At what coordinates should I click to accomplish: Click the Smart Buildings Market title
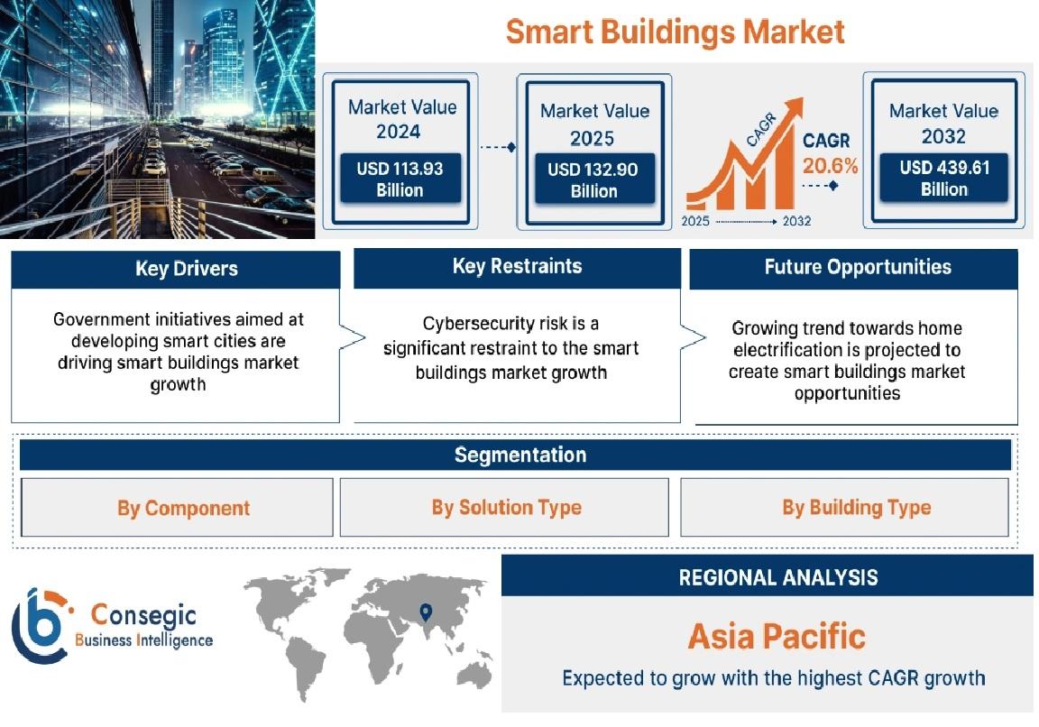(x=675, y=32)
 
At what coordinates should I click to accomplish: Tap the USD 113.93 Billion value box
(x=400, y=179)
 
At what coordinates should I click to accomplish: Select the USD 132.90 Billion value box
(x=593, y=179)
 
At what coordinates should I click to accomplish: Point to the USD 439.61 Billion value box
(x=944, y=178)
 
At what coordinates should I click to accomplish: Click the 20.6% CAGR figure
(x=831, y=166)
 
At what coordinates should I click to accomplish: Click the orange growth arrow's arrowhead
(x=792, y=109)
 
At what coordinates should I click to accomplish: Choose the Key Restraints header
(x=517, y=267)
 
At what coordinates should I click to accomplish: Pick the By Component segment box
(x=177, y=508)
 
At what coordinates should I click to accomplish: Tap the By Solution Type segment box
(x=504, y=508)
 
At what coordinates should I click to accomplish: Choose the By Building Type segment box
(x=845, y=508)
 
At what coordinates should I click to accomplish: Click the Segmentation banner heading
(x=520, y=456)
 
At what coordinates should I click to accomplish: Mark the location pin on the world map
(x=426, y=612)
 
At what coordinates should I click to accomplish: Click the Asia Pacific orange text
(x=777, y=636)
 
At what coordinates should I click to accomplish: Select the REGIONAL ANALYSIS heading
(x=778, y=578)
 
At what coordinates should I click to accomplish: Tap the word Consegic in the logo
(x=143, y=616)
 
